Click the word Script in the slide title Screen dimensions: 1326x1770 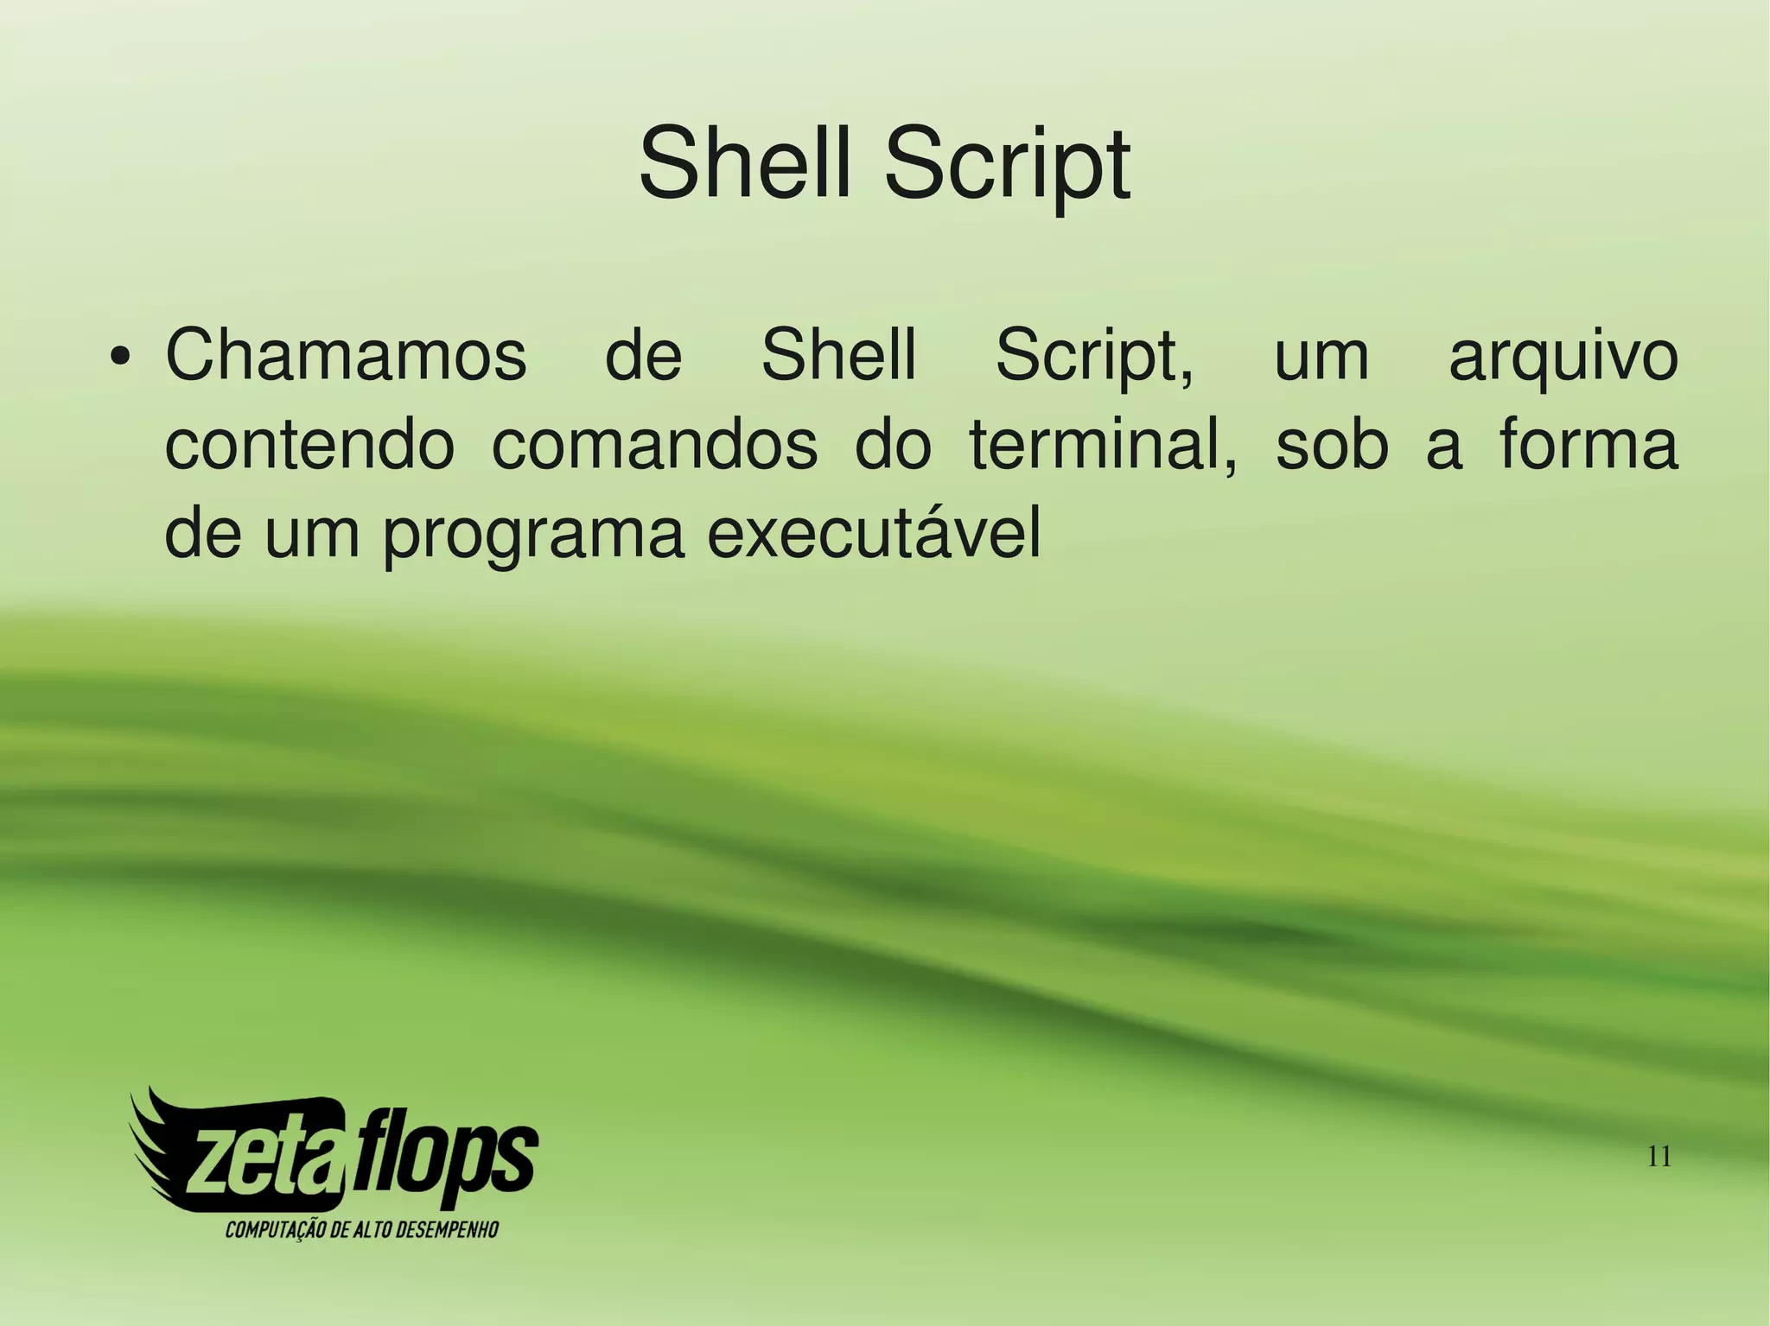pos(1006,166)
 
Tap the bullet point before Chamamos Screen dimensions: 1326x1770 pos(121,357)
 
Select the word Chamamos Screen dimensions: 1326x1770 pos(346,355)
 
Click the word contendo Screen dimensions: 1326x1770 pos(309,446)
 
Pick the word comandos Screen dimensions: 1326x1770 pos(654,446)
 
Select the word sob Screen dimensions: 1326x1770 pos(1332,446)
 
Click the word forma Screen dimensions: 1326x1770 pos(1588,444)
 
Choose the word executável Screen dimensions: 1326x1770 pos(874,535)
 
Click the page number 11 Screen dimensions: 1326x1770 pos(1659,1156)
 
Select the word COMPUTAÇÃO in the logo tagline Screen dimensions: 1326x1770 pos(276,1229)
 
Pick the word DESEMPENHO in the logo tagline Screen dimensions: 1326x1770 pos(446,1229)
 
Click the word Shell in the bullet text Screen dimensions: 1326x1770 pos(837,355)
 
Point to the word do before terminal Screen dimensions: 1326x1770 pos(893,446)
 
